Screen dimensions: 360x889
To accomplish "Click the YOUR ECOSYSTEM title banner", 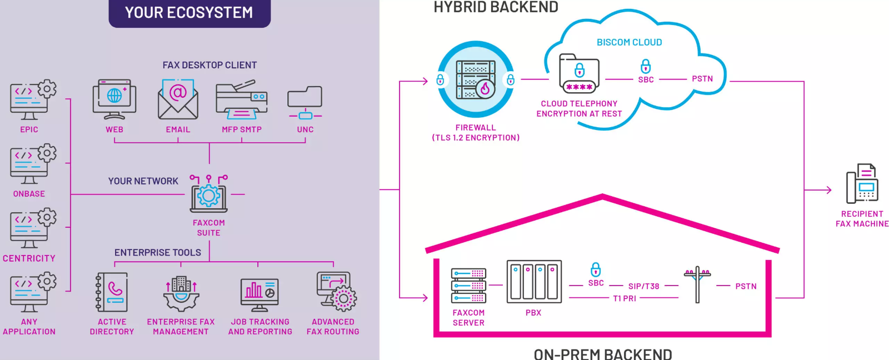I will tap(189, 13).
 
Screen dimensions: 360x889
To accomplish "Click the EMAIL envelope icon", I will tap(178, 99).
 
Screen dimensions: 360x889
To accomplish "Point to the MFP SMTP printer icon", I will tap(242, 99).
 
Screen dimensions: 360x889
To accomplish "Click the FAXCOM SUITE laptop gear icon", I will tap(209, 194).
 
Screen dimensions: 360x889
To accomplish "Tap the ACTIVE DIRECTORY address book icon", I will tap(112, 292).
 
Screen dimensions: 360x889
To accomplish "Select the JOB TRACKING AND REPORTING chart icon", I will tap(259, 293).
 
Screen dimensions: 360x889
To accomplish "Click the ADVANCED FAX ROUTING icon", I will tap(336, 291).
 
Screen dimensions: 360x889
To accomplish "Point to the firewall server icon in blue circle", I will tap(476, 80).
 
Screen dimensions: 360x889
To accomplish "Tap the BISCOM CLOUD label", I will tap(629, 42).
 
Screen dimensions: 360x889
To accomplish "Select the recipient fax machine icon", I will tap(862, 184).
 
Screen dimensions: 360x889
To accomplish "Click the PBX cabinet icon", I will tap(534, 282).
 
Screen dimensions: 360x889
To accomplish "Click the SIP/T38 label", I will tap(643, 286).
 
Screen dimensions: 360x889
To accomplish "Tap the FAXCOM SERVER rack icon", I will tap(468, 285).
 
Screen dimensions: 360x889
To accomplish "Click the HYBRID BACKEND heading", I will tap(496, 7).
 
